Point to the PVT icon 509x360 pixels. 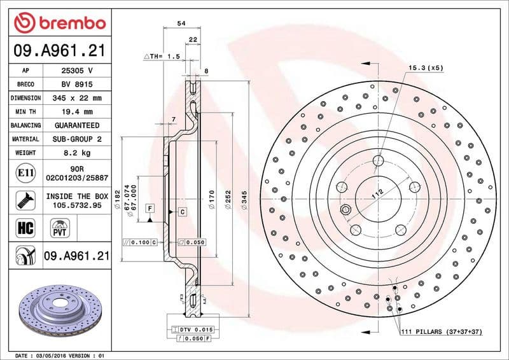click(60, 228)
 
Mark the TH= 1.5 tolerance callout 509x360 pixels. click(162, 57)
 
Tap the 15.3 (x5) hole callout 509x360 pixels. click(425, 67)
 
